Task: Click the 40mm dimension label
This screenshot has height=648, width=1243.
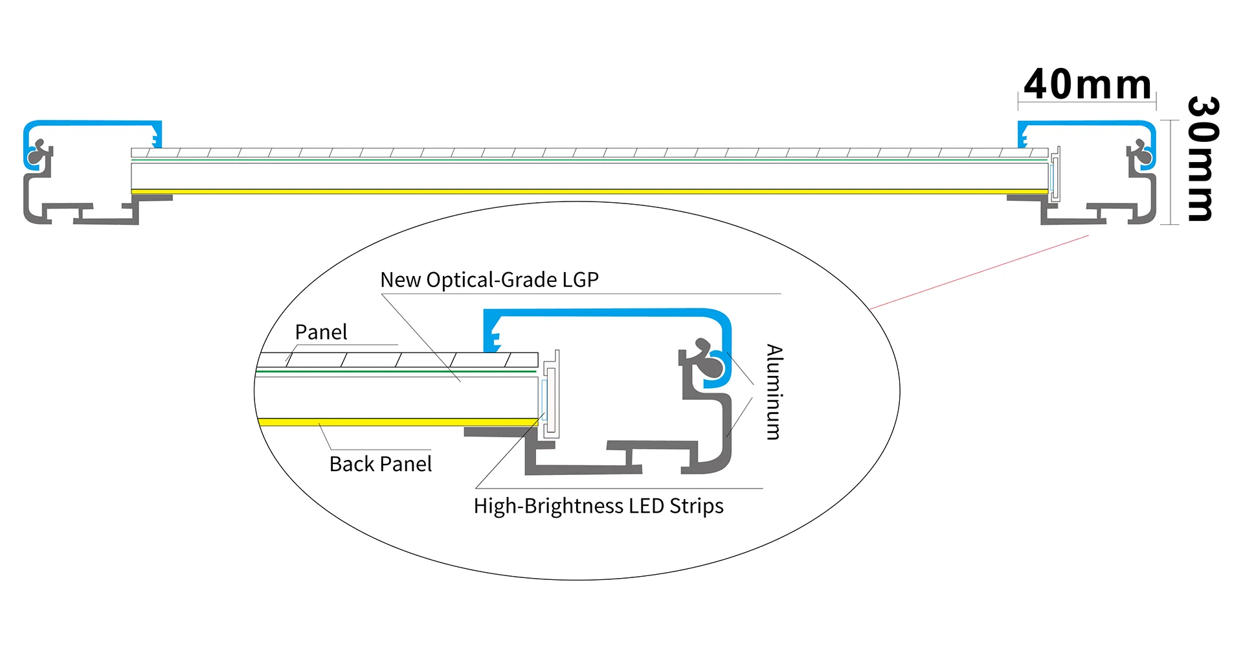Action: click(1088, 85)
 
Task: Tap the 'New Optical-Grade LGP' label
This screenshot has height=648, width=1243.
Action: click(489, 280)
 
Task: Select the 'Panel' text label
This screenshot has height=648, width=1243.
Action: click(321, 332)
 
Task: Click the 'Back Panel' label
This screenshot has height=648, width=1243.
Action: click(381, 464)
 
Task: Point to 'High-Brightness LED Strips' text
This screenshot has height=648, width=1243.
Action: click(598, 506)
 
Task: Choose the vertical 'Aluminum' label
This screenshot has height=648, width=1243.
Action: click(774, 392)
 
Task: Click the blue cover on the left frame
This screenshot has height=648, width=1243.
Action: click(91, 123)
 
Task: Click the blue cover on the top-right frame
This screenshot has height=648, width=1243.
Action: click(1088, 123)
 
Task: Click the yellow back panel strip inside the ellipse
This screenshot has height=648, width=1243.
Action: click(395, 422)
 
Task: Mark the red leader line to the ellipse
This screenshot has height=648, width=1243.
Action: click(978, 272)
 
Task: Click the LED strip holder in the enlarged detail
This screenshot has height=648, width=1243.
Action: click(552, 395)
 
